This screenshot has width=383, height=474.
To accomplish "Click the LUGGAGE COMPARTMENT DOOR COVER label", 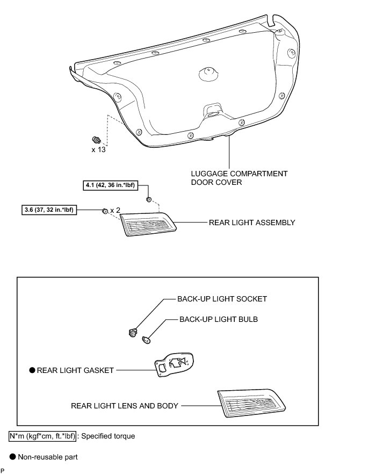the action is pos(239,178).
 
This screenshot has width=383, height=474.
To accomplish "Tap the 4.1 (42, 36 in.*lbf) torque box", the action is pos(110,186).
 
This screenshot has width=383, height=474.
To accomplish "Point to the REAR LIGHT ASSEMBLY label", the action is pos(252,222).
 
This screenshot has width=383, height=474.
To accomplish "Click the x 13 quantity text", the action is pos(98,149).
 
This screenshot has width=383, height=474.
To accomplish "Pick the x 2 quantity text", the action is pos(114,211).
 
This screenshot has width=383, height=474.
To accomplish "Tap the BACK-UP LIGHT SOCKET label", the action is pos(222,299).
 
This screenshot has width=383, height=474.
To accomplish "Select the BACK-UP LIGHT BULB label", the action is pos(219,319).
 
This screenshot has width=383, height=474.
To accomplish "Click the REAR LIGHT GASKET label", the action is pos(76,370).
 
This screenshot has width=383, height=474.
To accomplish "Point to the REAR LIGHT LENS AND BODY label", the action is pos(124,406).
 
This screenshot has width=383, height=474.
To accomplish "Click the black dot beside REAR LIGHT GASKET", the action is pos(32,370).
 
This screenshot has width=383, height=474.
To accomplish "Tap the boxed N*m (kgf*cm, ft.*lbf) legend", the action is pos(42,436).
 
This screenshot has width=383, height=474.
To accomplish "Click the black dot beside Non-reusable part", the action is pos(13,457).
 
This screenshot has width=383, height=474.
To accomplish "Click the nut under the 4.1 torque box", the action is pos(149,200).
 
